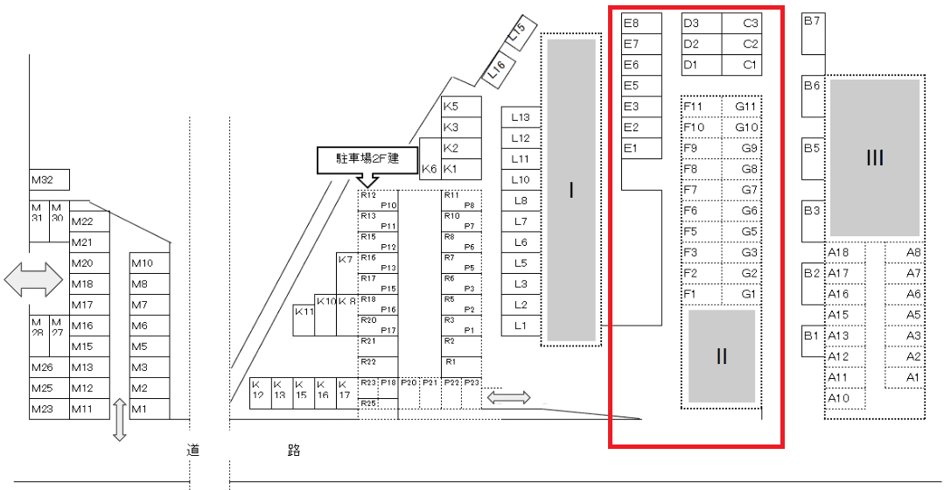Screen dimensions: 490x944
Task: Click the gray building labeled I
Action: (571, 190)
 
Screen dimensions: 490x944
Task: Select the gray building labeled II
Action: (722, 355)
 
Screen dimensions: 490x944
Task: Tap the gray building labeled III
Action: (875, 157)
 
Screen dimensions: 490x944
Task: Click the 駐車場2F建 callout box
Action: (367, 158)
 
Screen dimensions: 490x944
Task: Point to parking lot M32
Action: (49, 181)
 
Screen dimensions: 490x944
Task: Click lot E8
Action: (641, 23)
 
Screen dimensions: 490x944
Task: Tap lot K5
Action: (461, 107)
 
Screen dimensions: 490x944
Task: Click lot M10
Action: (150, 263)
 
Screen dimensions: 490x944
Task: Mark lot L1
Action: (521, 325)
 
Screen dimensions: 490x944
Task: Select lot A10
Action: (844, 398)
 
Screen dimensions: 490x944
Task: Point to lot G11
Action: (743, 107)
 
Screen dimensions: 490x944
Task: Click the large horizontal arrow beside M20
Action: (33, 280)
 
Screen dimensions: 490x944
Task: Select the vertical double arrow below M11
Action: (120, 420)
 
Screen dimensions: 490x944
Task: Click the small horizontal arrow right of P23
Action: (509, 398)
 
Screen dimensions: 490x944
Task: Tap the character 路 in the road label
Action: (294, 451)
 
